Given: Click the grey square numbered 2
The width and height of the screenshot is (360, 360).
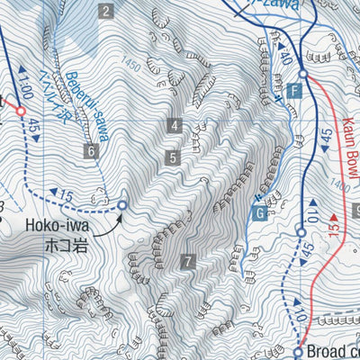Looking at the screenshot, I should pyautogui.click(x=106, y=12).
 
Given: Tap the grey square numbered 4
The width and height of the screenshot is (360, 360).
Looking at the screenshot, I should pyautogui.click(x=173, y=126).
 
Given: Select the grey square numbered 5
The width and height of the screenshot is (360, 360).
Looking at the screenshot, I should pyautogui.click(x=173, y=158).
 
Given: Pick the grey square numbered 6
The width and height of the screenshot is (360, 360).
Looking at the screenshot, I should pyautogui.click(x=91, y=151).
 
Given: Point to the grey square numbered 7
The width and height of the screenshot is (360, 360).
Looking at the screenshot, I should pyautogui.click(x=187, y=262).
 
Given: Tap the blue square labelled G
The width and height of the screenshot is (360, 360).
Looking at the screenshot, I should pyautogui.click(x=259, y=213).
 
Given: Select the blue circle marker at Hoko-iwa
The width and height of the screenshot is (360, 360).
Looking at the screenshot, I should pyautogui.click(x=122, y=206).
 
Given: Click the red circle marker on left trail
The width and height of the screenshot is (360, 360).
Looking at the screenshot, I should pyautogui.click(x=20, y=110).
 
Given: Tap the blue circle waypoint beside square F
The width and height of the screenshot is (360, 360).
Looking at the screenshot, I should pyautogui.click(x=303, y=75).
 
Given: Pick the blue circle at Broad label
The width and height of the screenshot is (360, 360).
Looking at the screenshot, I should pyautogui.click(x=298, y=351).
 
